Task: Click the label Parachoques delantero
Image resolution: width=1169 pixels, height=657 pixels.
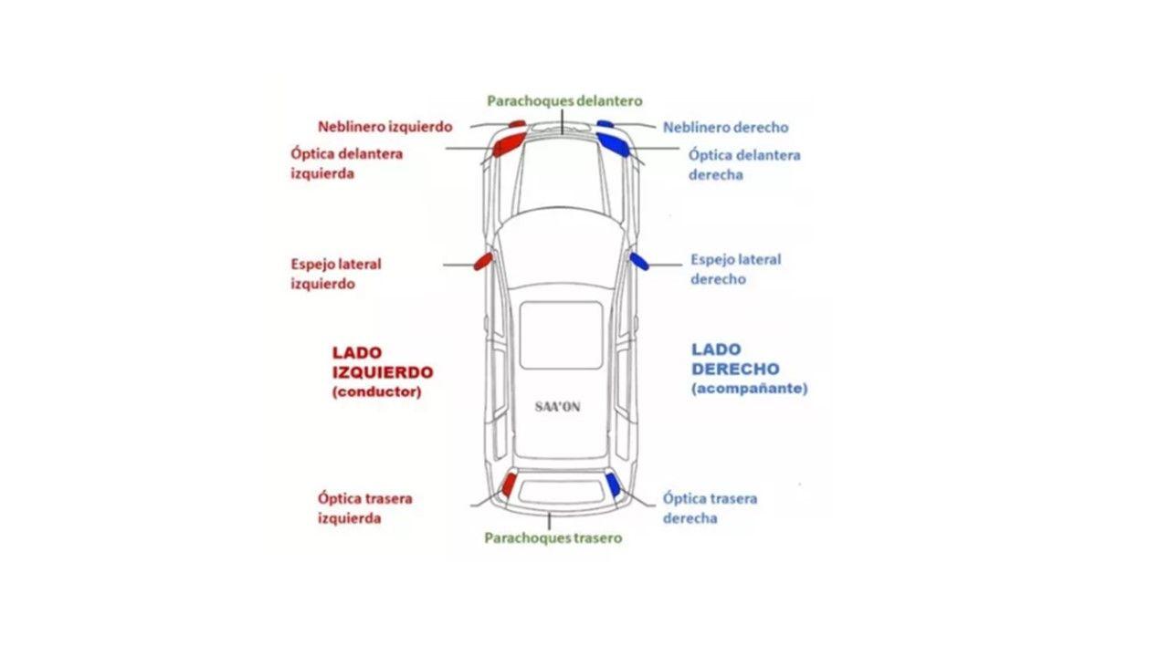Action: pos(564,100)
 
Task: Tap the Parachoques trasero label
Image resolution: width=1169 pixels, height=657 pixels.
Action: pos(553,537)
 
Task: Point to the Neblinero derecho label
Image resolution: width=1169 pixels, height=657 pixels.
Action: pos(725,127)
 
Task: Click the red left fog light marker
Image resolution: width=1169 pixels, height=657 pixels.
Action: pos(517,123)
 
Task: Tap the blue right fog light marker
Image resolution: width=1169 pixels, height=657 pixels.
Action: pos(605,123)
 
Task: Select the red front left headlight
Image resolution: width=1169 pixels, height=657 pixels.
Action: pos(507,143)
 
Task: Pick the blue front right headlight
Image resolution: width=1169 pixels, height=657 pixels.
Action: pos(613,143)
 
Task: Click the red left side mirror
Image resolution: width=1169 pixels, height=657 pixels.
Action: pos(481,262)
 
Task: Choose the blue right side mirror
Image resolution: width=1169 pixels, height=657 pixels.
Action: pos(639,262)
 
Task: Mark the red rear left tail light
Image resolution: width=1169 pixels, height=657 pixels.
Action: pos(509,484)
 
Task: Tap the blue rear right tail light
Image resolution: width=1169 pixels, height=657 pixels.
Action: pos(613,485)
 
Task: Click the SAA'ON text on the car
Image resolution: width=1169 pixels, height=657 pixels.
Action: pos(557,406)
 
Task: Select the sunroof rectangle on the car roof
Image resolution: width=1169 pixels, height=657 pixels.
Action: pos(561,335)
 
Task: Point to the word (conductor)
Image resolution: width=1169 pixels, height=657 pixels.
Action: pos(376,392)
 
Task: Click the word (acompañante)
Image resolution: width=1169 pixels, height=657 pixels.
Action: pos(749,389)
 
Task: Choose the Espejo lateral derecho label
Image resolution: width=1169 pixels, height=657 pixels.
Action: pos(735,269)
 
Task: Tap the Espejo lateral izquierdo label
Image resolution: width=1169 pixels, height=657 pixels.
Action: pos(335,274)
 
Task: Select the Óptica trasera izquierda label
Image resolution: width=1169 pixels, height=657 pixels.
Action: pos(364,508)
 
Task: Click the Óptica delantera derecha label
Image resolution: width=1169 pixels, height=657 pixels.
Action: pos(743,164)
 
